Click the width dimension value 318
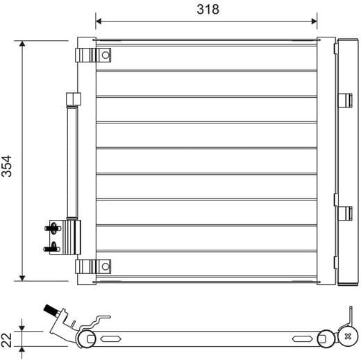point(206,9)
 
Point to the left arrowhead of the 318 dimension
point(99,20)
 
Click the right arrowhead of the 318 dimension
point(313,20)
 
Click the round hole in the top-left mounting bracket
point(104,53)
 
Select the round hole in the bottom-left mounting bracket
point(104,266)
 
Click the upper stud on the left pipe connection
point(51,226)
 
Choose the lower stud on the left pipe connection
point(51,246)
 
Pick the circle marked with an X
point(347,338)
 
